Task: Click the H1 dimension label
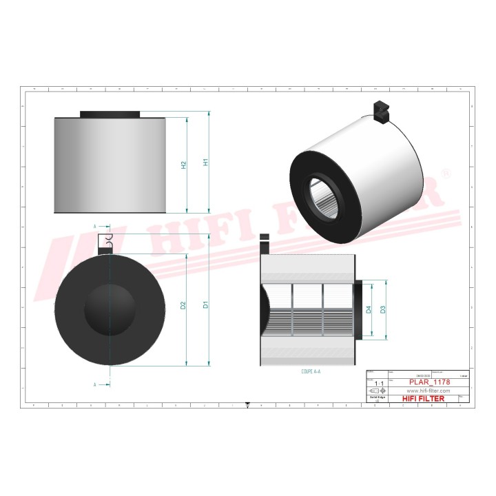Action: [x=205, y=163]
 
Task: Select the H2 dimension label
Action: [x=183, y=165]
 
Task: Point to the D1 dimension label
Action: [x=205, y=304]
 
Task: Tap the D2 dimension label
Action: [x=183, y=305]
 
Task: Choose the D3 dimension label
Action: [x=384, y=309]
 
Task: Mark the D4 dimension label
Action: [x=369, y=310]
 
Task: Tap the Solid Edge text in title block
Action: [x=375, y=398]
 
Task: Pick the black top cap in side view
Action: [x=110, y=114]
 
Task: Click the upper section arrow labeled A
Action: [x=96, y=226]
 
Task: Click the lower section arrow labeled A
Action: [x=96, y=384]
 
